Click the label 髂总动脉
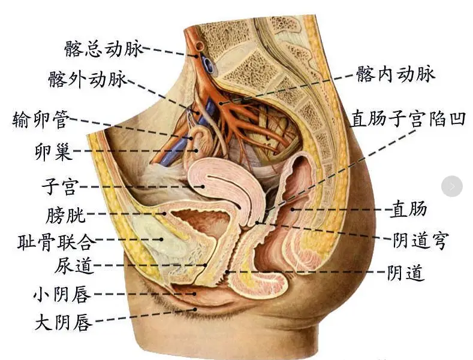pyautogui.click(x=104, y=49)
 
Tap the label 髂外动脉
pyautogui.click(x=88, y=79)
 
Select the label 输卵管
pyautogui.click(x=41, y=119)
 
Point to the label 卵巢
pyautogui.click(x=54, y=152)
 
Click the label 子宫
pyautogui.click(x=61, y=187)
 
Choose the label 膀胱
pyautogui.click(x=66, y=214)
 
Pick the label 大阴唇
pyautogui.click(x=64, y=322)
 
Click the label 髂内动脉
pyautogui.click(x=396, y=74)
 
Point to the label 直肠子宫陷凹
pyautogui.click(x=408, y=118)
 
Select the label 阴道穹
pyautogui.click(x=420, y=240)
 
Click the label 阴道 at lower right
pyautogui.click(x=406, y=273)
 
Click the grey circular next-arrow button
pyautogui.click(x=452, y=186)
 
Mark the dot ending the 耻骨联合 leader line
pyautogui.click(x=162, y=240)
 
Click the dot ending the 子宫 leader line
pyautogui.click(x=203, y=187)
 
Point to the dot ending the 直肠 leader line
pyautogui.click(x=293, y=209)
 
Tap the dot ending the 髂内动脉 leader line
pyautogui.click(x=221, y=104)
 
